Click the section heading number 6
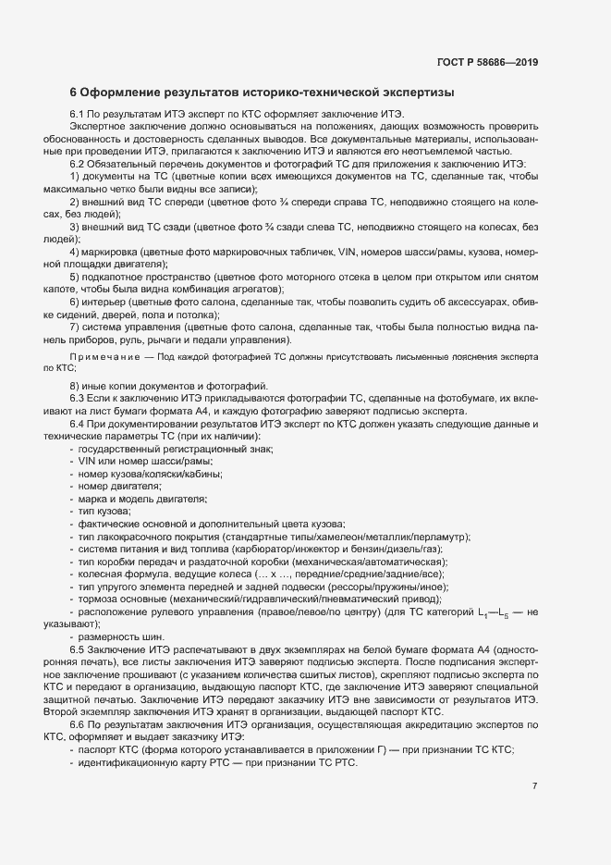click(x=74, y=93)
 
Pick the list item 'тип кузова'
click(x=104, y=511)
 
